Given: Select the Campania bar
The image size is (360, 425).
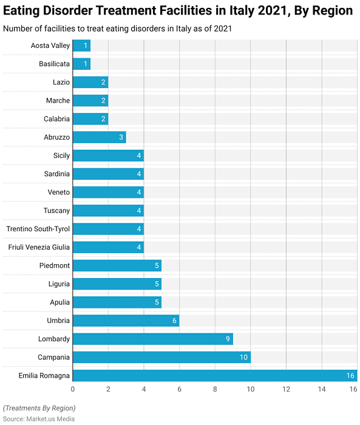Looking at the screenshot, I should [x=161, y=357].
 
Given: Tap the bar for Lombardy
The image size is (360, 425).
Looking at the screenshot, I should [x=152, y=339].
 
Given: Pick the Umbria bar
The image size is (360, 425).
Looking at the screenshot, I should [x=126, y=321].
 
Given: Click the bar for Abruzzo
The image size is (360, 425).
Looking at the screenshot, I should [x=99, y=137].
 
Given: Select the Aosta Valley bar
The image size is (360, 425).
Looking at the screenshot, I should [x=81, y=46].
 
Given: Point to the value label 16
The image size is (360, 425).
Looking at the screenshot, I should [x=350, y=376].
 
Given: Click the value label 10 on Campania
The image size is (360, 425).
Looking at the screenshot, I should [x=243, y=358].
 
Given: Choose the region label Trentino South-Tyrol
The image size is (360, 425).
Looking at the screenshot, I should [x=38, y=229].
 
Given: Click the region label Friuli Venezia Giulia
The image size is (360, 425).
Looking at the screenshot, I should [x=39, y=247].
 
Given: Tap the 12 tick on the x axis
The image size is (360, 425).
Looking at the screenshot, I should [x=286, y=389].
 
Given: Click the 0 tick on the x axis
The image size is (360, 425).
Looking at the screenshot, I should [x=73, y=389].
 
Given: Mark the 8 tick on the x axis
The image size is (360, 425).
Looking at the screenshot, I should [x=215, y=389].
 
